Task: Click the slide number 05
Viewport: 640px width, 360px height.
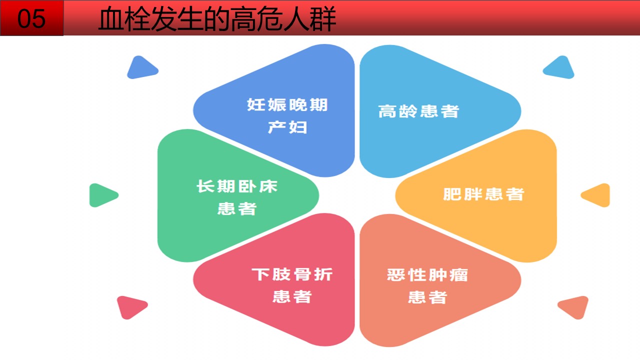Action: coord(31,18)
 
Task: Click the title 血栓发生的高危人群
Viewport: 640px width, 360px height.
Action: coord(217,19)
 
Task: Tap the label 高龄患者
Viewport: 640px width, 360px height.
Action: coord(418,111)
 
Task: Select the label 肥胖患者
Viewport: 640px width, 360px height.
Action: coord(483,194)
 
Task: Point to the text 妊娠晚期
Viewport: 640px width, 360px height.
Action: coord(287,104)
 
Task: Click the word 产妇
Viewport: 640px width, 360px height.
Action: coord(287,127)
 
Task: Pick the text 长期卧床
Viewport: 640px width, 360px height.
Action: coord(237,186)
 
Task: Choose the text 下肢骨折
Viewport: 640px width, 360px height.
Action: coord(291,274)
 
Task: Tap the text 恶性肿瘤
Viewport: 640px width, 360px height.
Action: coord(427,275)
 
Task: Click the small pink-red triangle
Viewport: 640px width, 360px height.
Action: coord(131,306)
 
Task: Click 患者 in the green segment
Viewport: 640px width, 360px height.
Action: coord(237,208)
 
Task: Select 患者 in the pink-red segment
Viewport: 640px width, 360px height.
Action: coord(291,296)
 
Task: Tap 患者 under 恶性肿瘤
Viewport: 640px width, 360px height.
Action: coord(427,297)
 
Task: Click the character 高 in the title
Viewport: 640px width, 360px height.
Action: coord(243,19)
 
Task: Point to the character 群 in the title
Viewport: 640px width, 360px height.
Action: coord(323,19)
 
